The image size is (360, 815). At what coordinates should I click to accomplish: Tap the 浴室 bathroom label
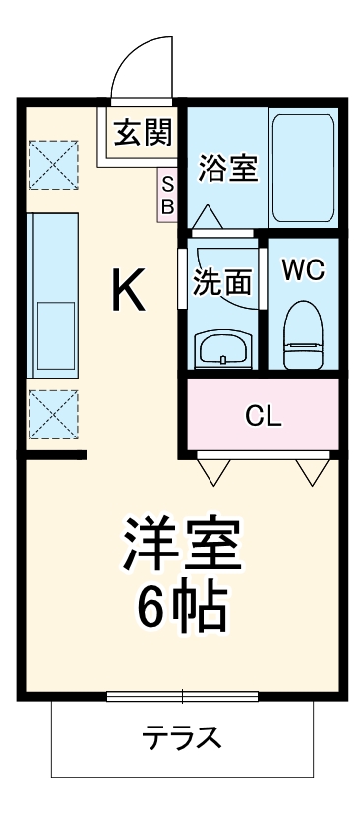point(228,169)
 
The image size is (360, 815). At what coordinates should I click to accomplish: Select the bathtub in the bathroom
point(303,169)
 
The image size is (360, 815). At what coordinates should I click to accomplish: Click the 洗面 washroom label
point(221,282)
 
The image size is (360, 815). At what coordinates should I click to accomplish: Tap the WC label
point(303,271)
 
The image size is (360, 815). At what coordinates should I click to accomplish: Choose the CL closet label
point(263,415)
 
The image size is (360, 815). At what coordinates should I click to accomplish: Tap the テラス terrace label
point(181,738)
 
